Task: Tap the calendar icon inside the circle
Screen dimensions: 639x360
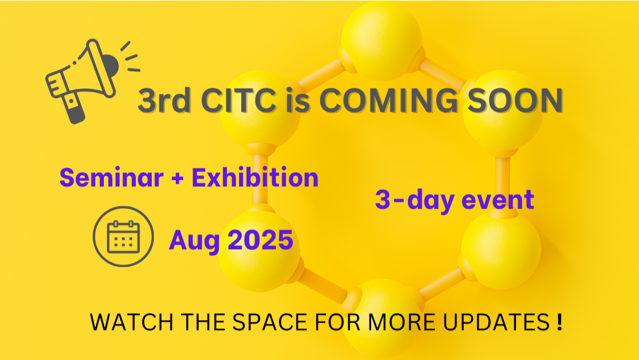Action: point(123,237)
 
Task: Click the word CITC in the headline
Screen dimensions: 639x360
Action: point(239,101)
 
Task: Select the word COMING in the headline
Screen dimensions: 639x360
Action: point(388,101)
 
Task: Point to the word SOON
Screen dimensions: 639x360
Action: point(515,101)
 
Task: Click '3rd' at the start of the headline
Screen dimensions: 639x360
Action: point(165,101)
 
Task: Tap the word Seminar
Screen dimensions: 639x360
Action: point(111,177)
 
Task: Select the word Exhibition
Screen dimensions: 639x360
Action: point(255,177)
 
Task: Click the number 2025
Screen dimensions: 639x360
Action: point(261,240)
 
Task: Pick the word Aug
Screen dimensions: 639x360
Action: point(194,241)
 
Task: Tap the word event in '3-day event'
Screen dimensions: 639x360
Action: point(498,200)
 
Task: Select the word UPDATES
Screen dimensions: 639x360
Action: point(496,322)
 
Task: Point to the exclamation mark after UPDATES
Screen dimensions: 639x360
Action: point(560,322)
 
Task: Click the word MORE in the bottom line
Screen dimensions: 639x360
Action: point(402,322)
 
